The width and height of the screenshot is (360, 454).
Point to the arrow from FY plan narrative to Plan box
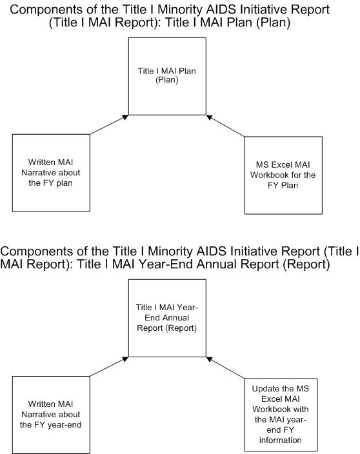(109, 124)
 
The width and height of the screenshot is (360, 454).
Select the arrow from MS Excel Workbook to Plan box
(225, 126)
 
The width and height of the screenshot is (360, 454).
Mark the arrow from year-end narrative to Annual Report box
(109, 366)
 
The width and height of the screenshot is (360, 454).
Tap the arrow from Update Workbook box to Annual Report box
(225, 368)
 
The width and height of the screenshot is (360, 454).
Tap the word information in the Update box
(281, 440)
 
